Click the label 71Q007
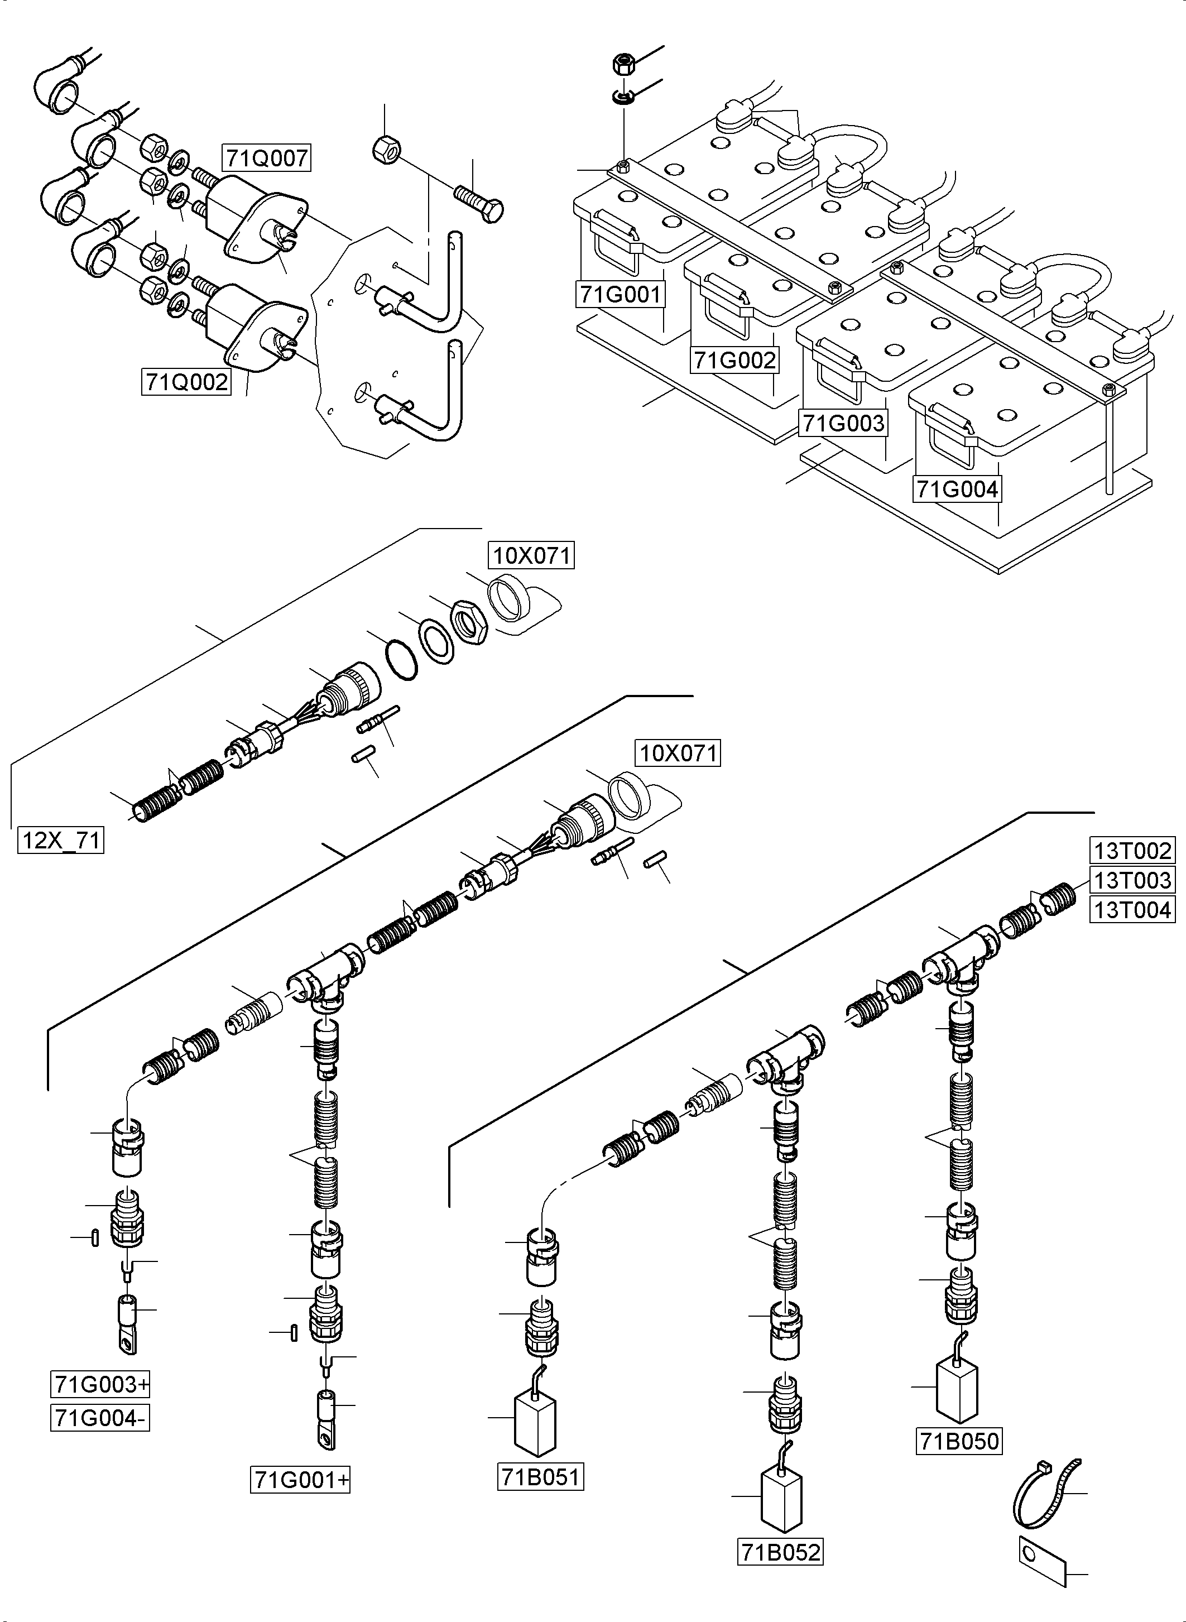click(267, 157)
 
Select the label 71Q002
click(186, 382)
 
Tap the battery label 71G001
click(621, 294)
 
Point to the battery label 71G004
click(958, 489)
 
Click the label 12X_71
click(61, 839)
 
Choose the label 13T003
click(1132, 880)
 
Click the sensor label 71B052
click(780, 1552)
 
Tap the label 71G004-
click(100, 1418)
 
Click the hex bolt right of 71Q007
click(479, 203)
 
